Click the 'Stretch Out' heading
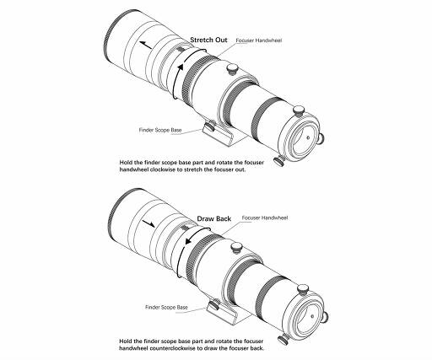point(208,40)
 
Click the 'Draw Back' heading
point(213,218)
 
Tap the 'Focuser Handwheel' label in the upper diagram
point(258,40)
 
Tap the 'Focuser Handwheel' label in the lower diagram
point(265,218)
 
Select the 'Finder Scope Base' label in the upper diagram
point(160,130)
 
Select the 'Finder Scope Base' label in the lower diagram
point(166,307)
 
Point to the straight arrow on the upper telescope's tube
point(146,45)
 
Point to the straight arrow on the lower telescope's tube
point(148,223)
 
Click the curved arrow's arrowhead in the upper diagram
point(181,67)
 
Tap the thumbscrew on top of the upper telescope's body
point(233,69)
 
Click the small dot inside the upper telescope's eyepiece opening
point(308,137)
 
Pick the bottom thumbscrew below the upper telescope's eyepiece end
point(279,162)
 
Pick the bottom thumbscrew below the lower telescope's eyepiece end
point(283,340)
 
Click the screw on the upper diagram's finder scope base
point(210,126)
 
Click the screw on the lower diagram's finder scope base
point(215,304)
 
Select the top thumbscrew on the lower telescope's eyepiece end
point(303,289)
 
